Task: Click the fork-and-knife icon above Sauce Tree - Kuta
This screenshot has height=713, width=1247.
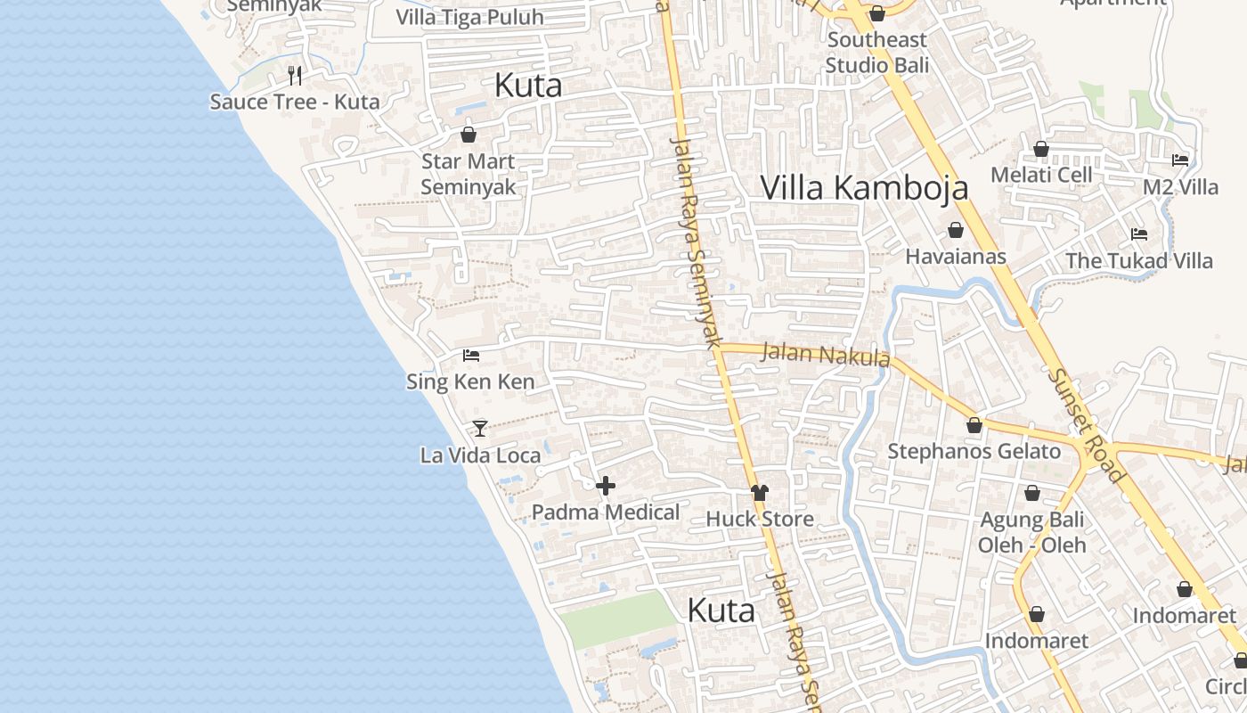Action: (295, 75)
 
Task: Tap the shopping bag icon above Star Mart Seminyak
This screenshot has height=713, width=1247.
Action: (469, 135)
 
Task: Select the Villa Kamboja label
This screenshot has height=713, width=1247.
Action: (864, 188)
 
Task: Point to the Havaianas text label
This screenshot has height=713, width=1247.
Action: (956, 257)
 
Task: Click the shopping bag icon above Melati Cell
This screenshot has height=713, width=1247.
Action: (1041, 149)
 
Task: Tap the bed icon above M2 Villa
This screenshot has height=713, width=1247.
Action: (1180, 160)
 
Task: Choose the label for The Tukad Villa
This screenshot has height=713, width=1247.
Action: (1139, 261)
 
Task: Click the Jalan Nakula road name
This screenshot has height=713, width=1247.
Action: (826, 354)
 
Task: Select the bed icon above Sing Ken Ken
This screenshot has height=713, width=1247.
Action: (471, 356)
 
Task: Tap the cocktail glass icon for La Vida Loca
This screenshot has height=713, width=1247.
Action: (480, 429)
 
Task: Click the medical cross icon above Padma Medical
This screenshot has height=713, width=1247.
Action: (606, 486)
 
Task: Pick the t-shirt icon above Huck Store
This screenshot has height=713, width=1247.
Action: (760, 492)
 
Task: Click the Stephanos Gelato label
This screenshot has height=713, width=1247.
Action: (974, 451)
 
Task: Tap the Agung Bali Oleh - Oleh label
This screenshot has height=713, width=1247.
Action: (1031, 532)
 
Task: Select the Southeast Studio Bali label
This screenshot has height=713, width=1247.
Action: (876, 53)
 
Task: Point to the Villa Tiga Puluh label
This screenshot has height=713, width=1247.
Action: (469, 17)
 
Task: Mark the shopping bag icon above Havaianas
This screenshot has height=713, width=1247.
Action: (956, 231)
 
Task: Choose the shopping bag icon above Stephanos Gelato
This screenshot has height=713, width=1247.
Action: (974, 425)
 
